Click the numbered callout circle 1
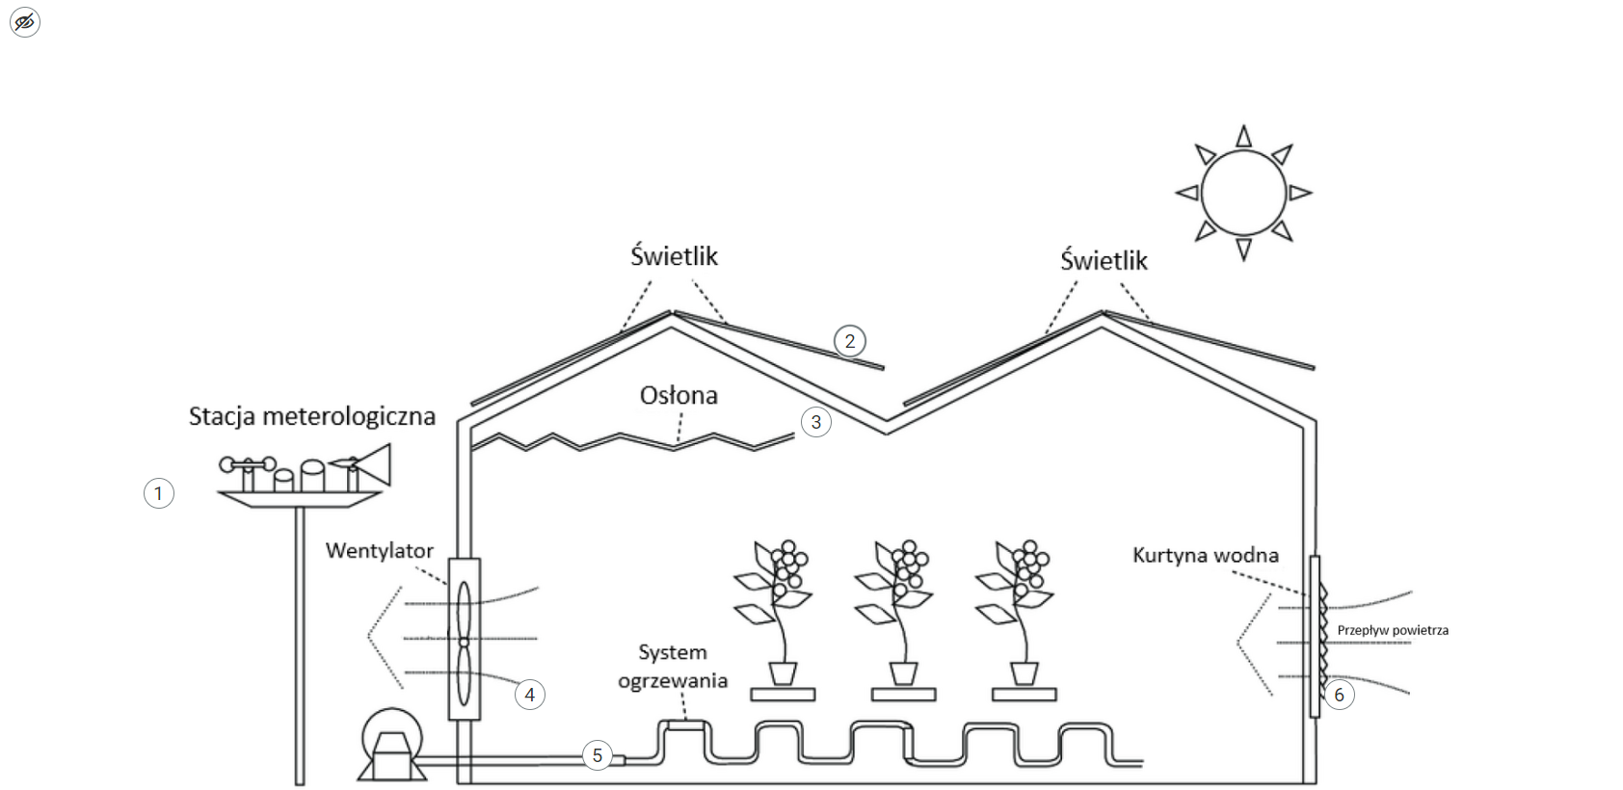(159, 494)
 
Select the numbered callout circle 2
(849, 341)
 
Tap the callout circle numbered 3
(816, 422)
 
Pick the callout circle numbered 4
(530, 695)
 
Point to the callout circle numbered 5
(598, 755)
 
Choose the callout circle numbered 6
(1339, 695)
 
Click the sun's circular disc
(1243, 193)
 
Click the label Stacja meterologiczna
(311, 416)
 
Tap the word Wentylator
(379, 551)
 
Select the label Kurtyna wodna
(1205, 556)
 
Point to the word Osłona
(678, 395)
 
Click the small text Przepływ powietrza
(1393, 630)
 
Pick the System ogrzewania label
(672, 667)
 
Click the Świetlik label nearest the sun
(1104, 261)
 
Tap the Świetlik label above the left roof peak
(674, 256)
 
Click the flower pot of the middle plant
(903, 672)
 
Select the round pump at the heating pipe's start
(390, 741)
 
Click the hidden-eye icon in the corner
(25, 21)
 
